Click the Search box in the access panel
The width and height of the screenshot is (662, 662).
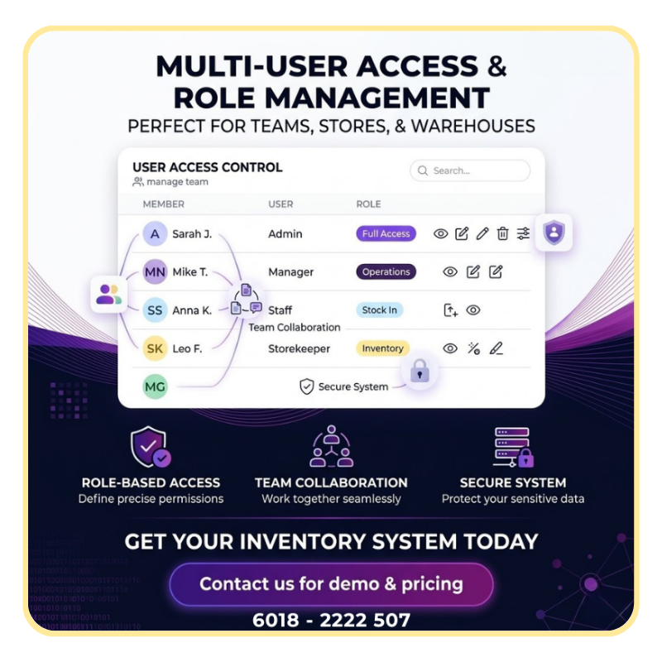click(470, 170)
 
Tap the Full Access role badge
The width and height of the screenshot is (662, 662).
click(386, 233)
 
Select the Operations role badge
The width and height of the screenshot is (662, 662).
click(386, 272)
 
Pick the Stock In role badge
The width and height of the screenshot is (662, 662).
click(380, 309)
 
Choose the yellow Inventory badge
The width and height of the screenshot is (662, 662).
click(382, 348)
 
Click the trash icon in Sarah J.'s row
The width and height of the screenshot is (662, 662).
click(502, 233)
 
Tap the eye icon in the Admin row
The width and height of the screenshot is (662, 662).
click(441, 233)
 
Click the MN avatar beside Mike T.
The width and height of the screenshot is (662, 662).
click(155, 272)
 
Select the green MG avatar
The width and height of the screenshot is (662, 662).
click(155, 386)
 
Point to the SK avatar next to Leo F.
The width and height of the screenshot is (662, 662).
click(155, 348)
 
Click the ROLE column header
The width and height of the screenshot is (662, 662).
click(368, 204)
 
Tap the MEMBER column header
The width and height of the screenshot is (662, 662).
click(163, 204)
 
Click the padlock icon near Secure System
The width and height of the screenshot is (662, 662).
click(420, 372)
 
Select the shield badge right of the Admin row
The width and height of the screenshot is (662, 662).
click(554, 233)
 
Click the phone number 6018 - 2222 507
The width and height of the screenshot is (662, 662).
click(332, 620)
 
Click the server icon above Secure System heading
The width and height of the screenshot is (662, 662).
click(513, 447)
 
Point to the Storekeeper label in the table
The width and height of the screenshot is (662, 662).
click(299, 348)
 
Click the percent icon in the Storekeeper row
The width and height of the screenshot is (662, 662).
click(473, 348)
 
